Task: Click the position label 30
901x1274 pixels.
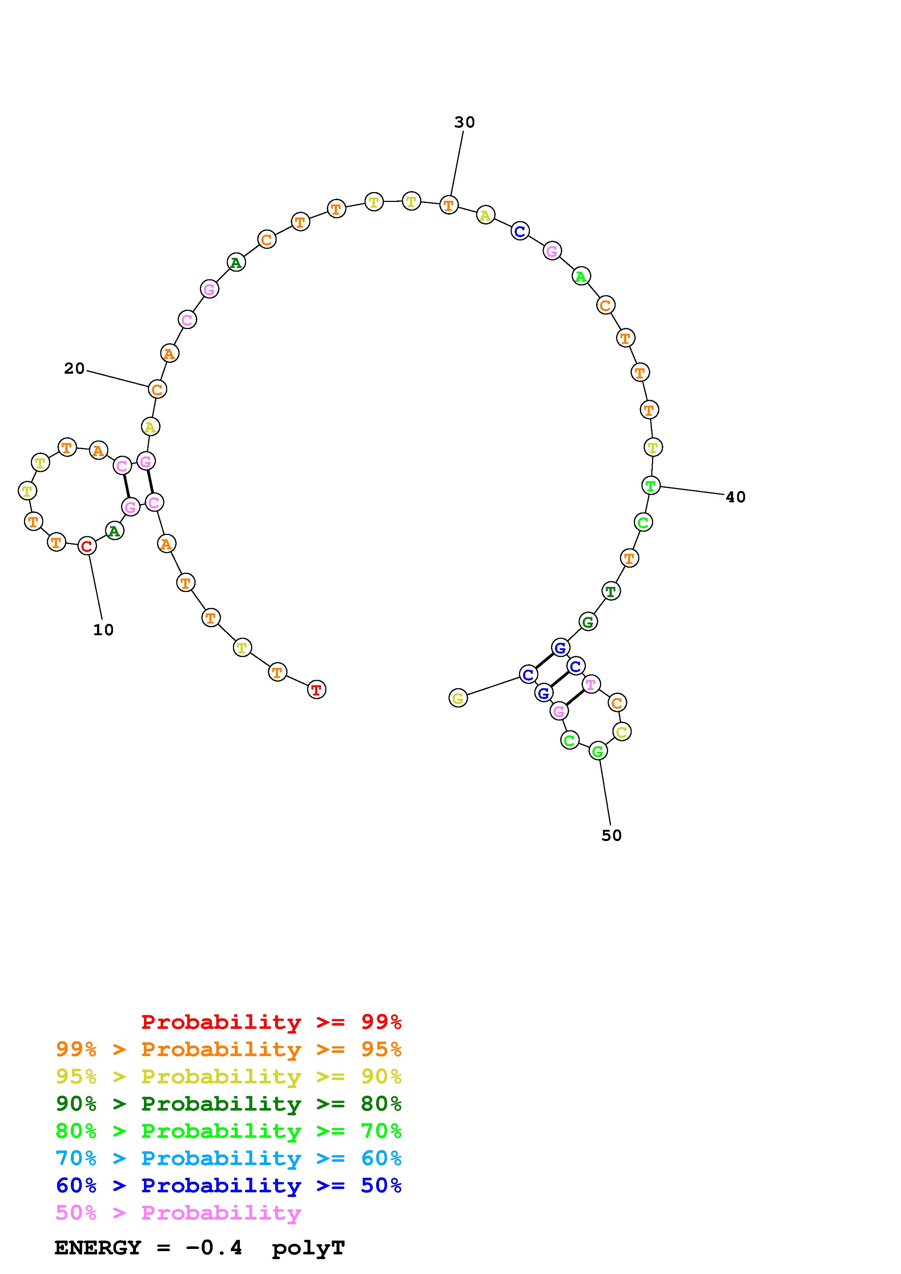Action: coord(464,122)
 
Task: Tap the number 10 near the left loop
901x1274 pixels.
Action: coord(103,630)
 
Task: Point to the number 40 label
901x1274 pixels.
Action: coord(736,497)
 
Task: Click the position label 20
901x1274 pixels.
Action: coord(75,369)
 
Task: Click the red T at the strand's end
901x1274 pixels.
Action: coord(317,690)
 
